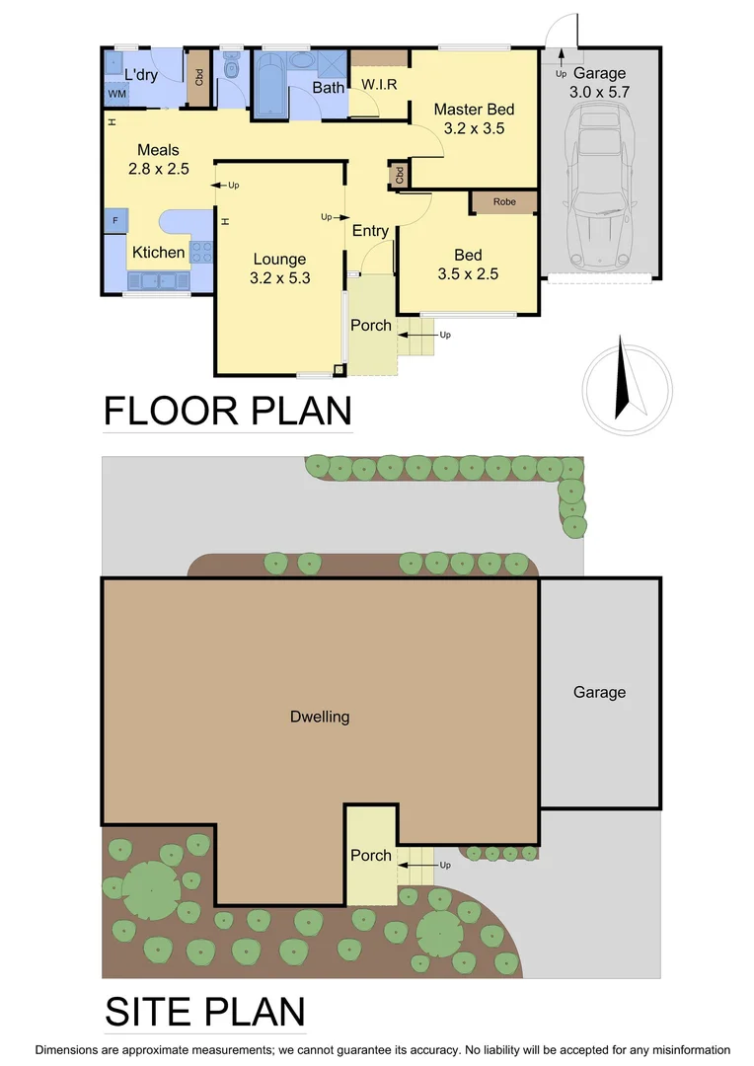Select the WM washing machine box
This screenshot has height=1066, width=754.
116,94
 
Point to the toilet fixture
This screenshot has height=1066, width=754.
231,69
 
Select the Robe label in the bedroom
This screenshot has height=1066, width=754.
503,200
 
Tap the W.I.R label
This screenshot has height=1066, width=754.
379,85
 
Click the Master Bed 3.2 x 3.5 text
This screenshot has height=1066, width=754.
474,118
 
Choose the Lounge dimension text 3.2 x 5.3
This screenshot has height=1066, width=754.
280,278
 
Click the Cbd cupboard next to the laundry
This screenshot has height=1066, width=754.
197,76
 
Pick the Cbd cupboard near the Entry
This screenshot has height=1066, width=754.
399,176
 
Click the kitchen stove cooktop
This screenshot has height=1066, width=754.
201,252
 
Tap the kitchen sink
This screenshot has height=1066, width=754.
151,281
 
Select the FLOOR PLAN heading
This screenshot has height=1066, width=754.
228,411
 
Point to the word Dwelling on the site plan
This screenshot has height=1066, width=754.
321,717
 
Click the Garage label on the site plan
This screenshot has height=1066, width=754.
599,693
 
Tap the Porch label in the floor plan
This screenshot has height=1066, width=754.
371,326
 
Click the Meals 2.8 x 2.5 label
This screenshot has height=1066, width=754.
158,159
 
